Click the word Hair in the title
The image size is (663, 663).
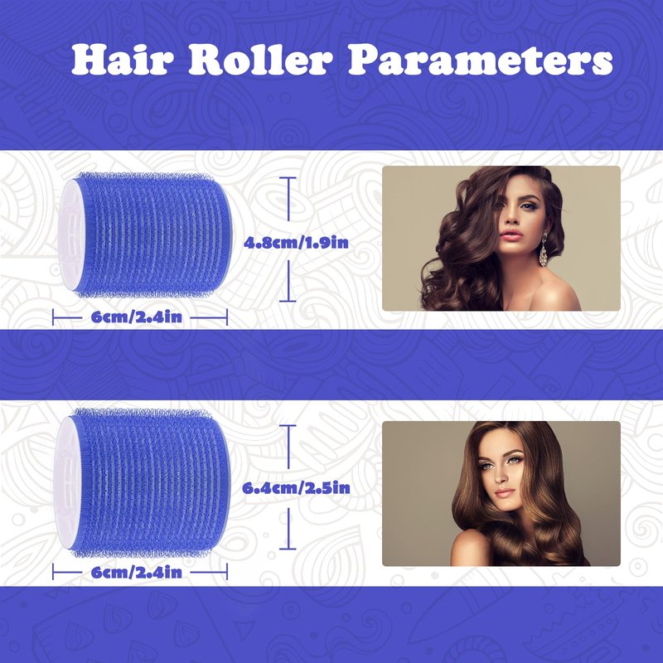point(122,60)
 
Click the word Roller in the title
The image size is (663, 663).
point(260,60)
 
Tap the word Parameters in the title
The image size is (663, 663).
point(481,61)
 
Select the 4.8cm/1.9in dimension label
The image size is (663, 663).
point(296,242)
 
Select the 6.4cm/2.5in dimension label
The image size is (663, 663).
point(296,488)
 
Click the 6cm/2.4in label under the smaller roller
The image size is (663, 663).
point(136,317)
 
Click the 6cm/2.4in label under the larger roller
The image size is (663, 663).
point(136,572)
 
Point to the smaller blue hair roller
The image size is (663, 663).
point(145,235)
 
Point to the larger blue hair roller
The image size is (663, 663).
point(142,482)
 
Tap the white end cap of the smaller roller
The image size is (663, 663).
point(68,235)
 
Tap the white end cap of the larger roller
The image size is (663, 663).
point(65,482)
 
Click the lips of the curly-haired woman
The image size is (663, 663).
point(511,235)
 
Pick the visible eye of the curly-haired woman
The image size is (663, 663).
point(527,206)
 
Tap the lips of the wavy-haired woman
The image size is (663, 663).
point(505,492)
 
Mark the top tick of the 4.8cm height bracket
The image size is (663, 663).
point(288,178)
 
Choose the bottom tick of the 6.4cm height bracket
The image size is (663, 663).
point(288,549)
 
